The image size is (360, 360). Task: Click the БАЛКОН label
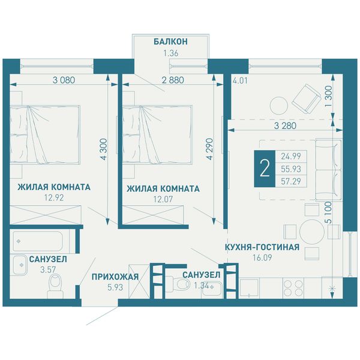(170, 41)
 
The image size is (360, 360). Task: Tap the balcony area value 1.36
(170, 53)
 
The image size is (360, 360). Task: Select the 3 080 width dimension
(64, 80)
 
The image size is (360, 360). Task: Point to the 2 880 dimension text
(173, 80)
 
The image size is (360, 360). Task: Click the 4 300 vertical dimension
(104, 149)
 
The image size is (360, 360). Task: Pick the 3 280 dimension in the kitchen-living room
(285, 125)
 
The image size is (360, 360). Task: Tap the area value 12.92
(54, 197)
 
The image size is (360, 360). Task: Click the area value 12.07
(163, 199)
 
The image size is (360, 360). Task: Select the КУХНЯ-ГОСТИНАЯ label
(262, 247)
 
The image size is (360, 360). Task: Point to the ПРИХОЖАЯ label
(115, 277)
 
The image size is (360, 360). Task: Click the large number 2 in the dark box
(265, 168)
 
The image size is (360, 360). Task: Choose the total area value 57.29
(291, 181)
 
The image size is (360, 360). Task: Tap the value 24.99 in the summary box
(291, 157)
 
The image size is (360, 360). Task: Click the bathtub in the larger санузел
(38, 241)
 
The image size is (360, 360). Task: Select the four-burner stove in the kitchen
(293, 288)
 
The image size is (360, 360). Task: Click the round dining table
(312, 232)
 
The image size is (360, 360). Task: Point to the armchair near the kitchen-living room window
(306, 99)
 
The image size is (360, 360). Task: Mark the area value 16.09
(262, 257)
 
